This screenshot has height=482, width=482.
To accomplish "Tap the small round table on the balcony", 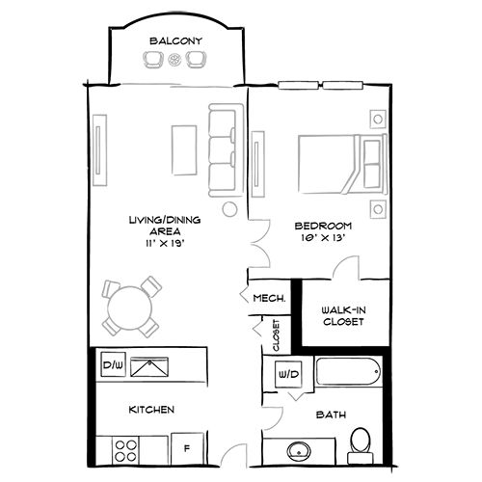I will [x=174, y=60].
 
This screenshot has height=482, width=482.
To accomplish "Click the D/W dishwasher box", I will [x=112, y=366].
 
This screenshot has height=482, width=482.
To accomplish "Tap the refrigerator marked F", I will [x=186, y=447].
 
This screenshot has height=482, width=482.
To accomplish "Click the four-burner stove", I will [x=126, y=446].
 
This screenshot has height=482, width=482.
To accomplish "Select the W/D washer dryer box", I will [x=287, y=372].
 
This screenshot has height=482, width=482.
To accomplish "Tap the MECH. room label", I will [x=269, y=298].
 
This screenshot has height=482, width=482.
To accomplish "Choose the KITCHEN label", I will [x=151, y=410].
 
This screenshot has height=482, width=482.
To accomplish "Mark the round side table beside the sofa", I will [x=229, y=208].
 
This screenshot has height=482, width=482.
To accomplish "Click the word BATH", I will [x=331, y=415].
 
